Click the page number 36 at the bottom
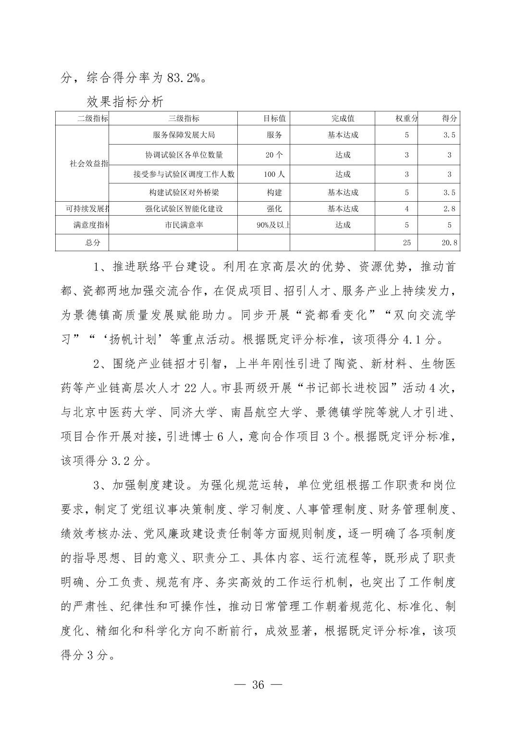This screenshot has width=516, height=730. (258, 698)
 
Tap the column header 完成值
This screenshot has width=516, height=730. (343, 119)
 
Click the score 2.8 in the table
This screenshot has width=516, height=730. (449, 209)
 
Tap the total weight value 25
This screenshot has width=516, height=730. (406, 243)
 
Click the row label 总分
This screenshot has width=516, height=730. (93, 243)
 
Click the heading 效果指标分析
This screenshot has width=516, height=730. (125, 101)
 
